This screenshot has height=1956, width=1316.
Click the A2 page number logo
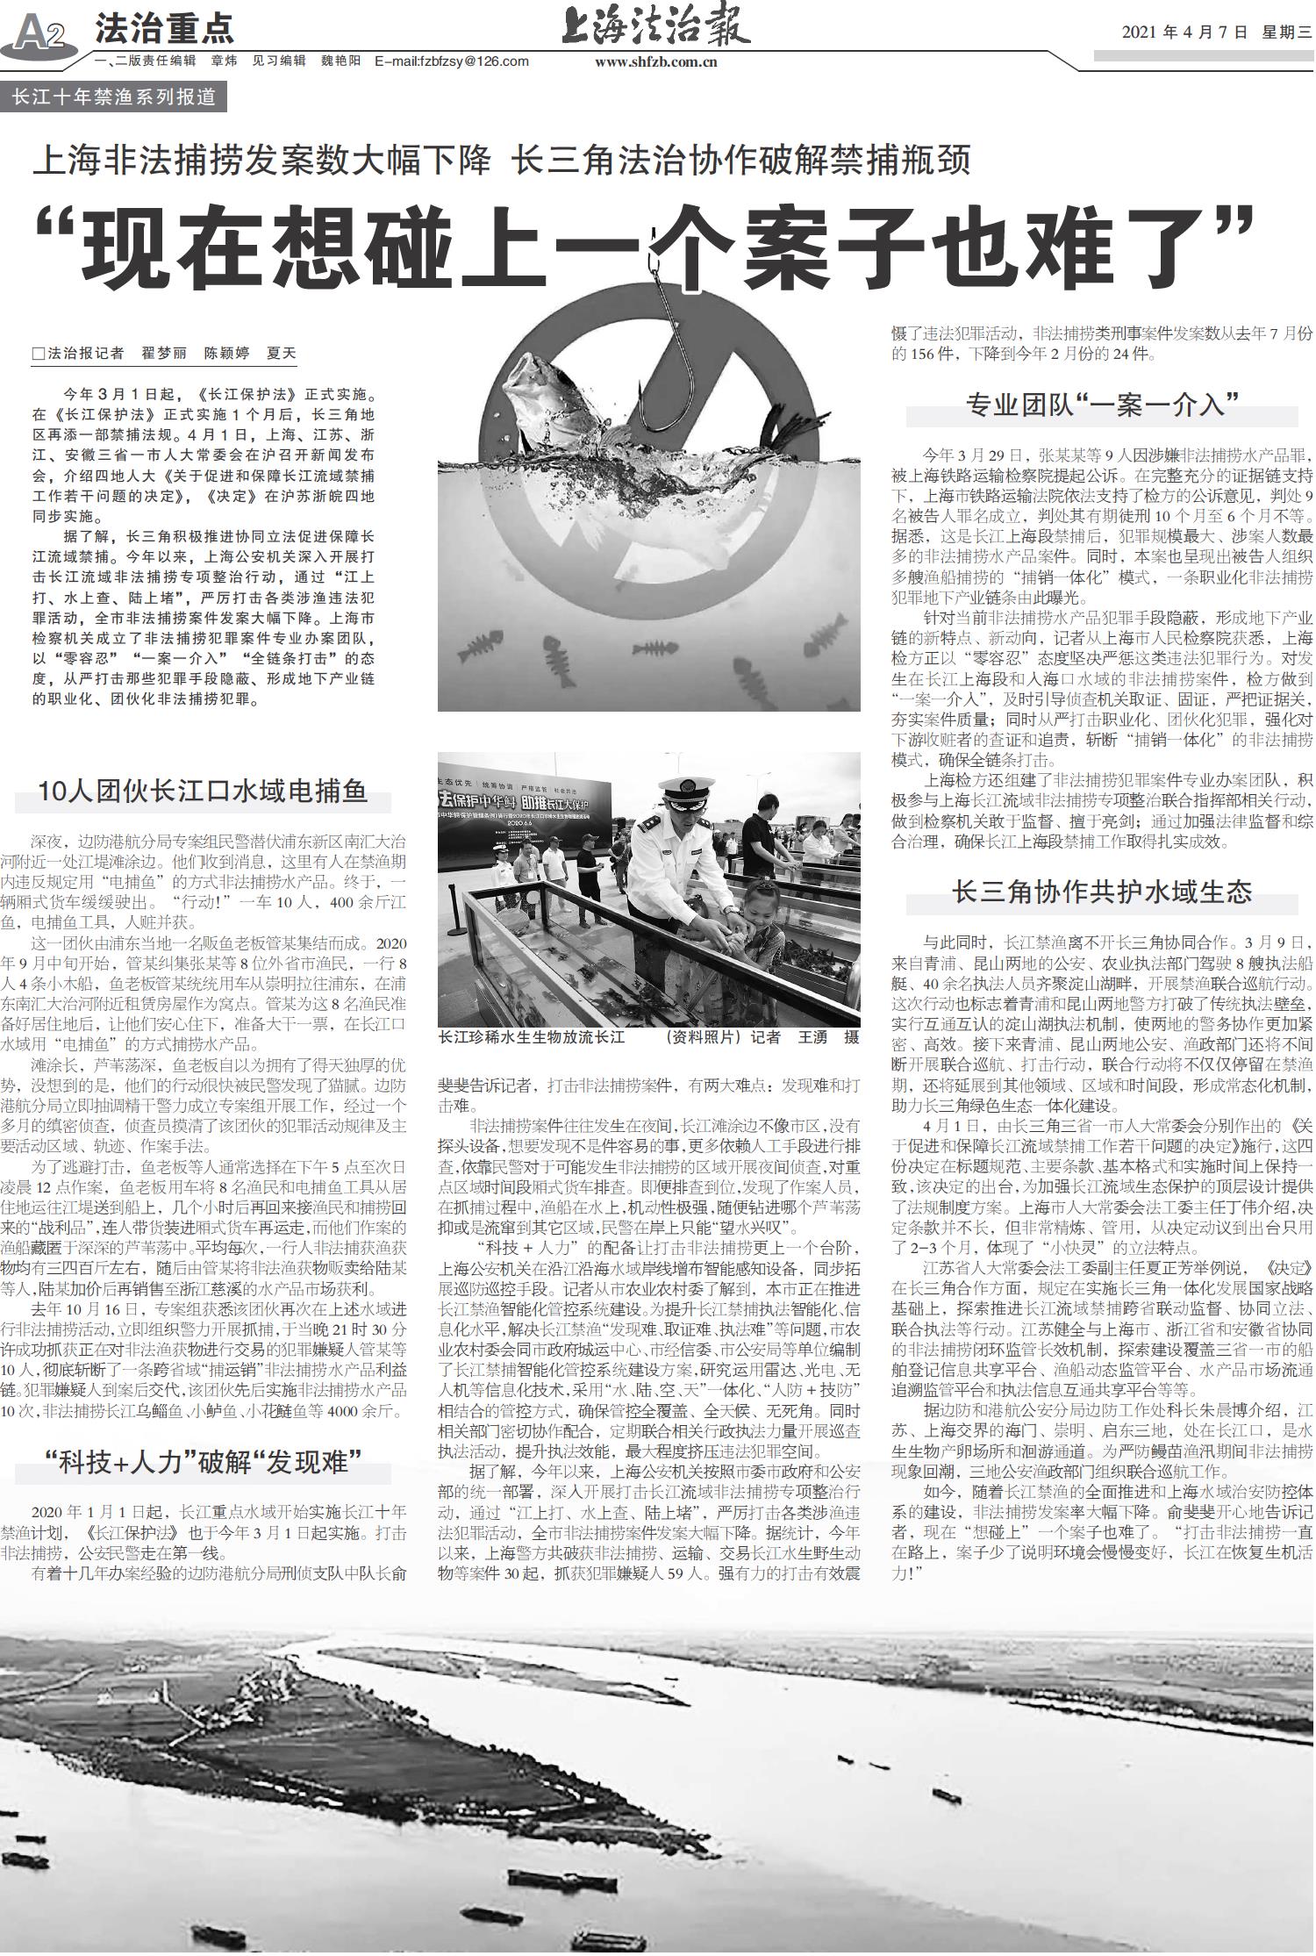[x=39, y=33]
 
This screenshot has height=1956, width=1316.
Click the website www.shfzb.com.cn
[x=655, y=61]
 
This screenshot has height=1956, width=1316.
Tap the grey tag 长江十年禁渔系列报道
[x=114, y=97]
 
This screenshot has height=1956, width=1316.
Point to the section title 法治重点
[x=164, y=29]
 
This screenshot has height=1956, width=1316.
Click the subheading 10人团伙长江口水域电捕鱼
[x=203, y=792]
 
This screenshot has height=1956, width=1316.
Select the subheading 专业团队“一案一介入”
[x=1102, y=404]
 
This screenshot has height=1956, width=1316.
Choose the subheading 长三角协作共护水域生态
[x=1102, y=892]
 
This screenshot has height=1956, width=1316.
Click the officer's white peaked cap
[x=684, y=790]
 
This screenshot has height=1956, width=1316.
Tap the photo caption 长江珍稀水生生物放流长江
[x=532, y=1037]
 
